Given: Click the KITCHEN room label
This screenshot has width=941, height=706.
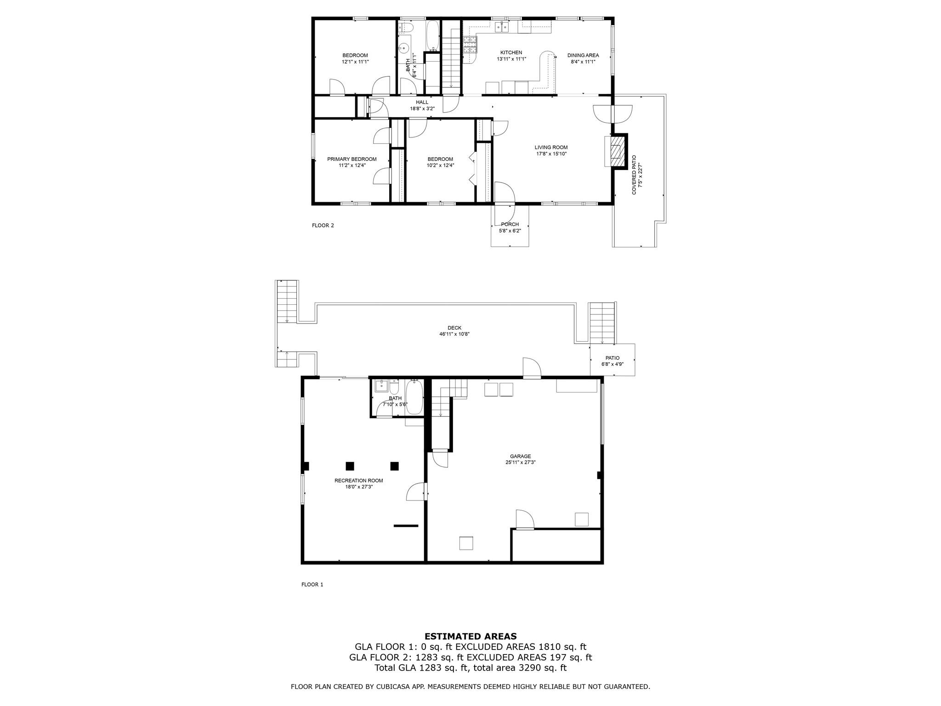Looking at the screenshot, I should [x=511, y=52].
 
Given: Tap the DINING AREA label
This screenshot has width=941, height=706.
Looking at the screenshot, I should [x=583, y=55].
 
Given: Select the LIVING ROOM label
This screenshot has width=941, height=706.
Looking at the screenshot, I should [x=551, y=148].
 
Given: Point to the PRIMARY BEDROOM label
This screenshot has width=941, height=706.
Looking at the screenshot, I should [x=351, y=159].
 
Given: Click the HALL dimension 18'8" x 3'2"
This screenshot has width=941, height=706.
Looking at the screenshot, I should [x=422, y=109].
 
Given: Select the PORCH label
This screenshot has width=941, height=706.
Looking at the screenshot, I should [x=510, y=224].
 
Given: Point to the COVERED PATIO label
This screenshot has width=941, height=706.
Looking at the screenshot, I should [x=634, y=175].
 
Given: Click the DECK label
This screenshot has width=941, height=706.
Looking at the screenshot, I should [x=454, y=328].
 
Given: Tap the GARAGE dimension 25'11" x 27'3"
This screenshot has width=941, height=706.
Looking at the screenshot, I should [x=520, y=463].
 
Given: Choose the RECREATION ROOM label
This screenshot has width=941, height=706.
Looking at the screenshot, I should [x=358, y=480].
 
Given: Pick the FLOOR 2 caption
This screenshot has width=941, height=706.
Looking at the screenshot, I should [x=323, y=225].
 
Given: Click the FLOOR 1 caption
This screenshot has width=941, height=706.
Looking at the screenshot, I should [x=312, y=585].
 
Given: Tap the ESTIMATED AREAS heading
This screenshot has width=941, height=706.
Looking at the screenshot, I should [x=470, y=637].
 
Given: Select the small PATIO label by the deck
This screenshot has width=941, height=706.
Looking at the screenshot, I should [x=612, y=358].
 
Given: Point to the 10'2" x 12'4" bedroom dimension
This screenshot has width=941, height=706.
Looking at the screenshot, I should [x=440, y=165].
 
